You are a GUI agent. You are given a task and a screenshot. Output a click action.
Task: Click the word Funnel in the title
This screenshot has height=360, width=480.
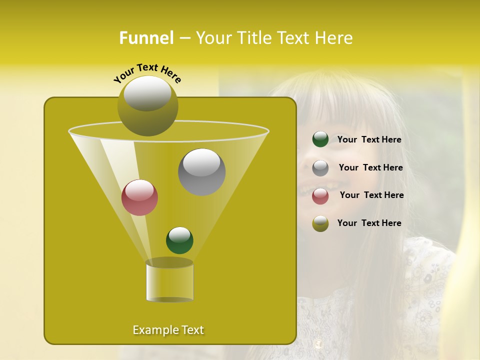click(146, 38)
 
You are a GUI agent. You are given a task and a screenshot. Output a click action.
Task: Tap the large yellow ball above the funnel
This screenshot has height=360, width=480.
click(147, 106)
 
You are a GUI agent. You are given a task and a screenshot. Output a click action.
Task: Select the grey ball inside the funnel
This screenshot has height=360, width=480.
click(202, 172)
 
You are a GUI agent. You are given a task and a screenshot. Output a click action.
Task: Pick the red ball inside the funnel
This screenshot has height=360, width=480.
click(140, 197)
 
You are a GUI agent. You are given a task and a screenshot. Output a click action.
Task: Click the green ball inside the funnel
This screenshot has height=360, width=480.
click(179, 240)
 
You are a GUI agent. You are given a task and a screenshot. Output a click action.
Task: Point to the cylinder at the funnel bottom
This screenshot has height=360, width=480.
click(169, 281)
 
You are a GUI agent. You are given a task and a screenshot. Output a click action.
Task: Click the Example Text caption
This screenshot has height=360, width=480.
click(168, 330)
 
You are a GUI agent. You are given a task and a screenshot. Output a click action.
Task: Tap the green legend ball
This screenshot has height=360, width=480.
click(320, 139)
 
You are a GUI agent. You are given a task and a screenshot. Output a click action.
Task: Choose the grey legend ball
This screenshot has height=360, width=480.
click(320, 168)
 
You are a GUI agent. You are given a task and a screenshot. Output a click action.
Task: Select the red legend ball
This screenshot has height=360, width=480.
click(320, 196)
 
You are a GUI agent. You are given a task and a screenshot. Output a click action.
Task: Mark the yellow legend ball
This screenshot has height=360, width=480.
click(320, 223)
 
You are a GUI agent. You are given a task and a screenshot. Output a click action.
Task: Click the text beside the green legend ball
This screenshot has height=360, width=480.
click(369, 140)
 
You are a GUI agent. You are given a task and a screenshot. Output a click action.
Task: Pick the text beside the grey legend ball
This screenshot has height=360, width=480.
click(370, 168)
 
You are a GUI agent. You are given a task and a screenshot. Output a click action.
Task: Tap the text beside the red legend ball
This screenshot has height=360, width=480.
click(371, 195)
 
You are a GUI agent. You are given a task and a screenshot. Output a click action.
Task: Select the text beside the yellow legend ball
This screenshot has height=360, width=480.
click(369, 223)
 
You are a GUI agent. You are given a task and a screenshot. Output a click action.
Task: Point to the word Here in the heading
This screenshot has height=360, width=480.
click(333, 38)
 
